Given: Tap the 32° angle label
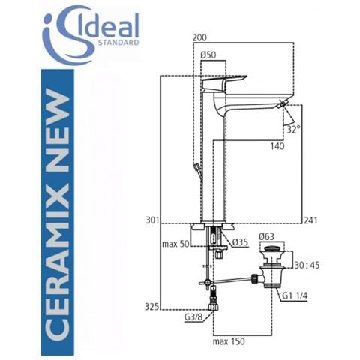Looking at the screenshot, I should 292,130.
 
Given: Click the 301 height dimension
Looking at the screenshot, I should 152,220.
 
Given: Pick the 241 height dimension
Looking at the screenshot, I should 313,220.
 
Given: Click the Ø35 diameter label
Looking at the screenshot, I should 241,241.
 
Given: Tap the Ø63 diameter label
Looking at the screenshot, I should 267,238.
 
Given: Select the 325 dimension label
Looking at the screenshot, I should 152,306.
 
